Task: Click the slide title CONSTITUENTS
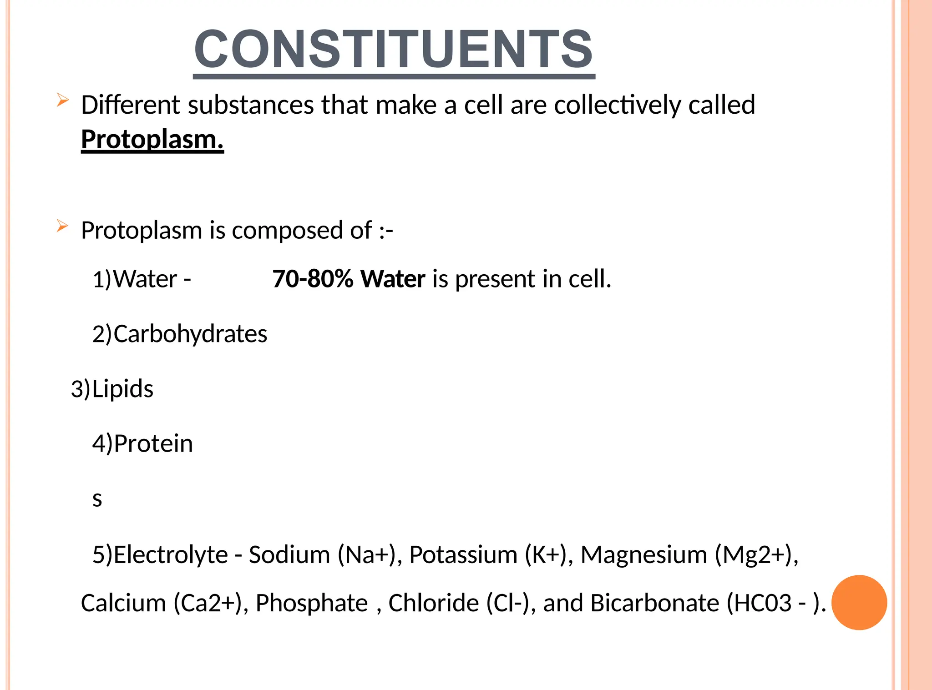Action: pos(394,49)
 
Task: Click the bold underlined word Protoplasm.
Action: pos(152,139)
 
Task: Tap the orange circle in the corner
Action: pos(859,602)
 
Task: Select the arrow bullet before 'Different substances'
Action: pos(62,100)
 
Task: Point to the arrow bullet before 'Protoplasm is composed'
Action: pos(62,226)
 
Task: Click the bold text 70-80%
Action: pos(313,279)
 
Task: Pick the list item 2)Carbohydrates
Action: pos(180,334)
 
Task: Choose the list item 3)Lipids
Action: pos(112,389)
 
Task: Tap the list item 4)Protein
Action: pos(142,443)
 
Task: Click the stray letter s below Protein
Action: pos(97,499)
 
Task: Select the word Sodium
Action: pos(289,555)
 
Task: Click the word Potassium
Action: pos(463,555)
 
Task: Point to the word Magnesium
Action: pos(644,555)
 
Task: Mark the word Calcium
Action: pos(123,603)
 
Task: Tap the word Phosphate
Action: pos(312,603)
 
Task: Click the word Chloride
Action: pos(434,603)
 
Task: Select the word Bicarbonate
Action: pos(655,603)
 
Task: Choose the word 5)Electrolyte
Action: pos(160,555)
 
